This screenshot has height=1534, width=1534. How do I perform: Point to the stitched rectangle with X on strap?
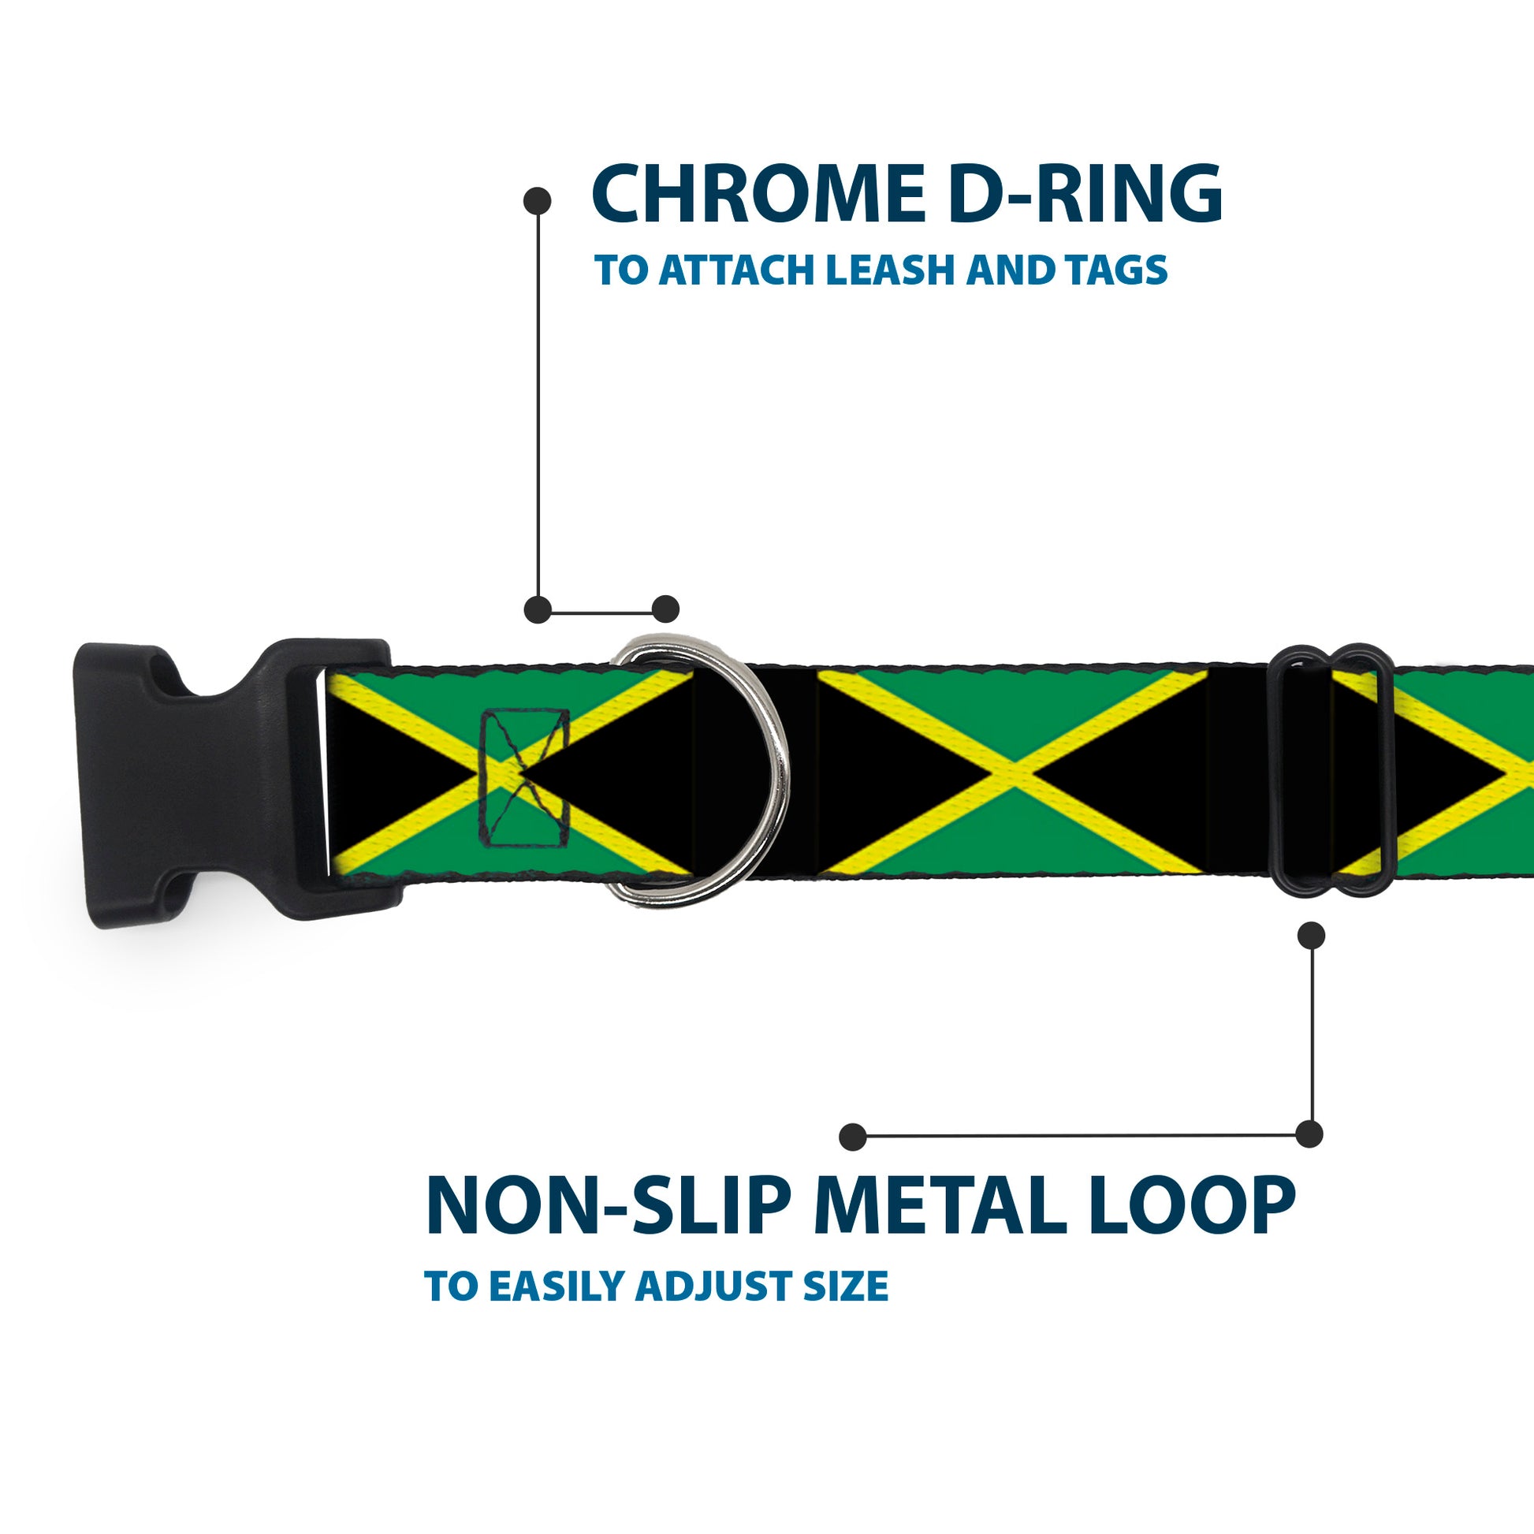coord(525,776)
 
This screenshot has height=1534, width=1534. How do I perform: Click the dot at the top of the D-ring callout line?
coord(538,201)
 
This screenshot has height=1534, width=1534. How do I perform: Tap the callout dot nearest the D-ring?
coord(665,610)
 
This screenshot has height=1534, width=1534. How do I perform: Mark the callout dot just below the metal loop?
coord(1311,936)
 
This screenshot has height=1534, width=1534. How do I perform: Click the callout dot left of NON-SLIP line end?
coord(853,1137)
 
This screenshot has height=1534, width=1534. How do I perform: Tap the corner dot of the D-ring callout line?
coord(538,610)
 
